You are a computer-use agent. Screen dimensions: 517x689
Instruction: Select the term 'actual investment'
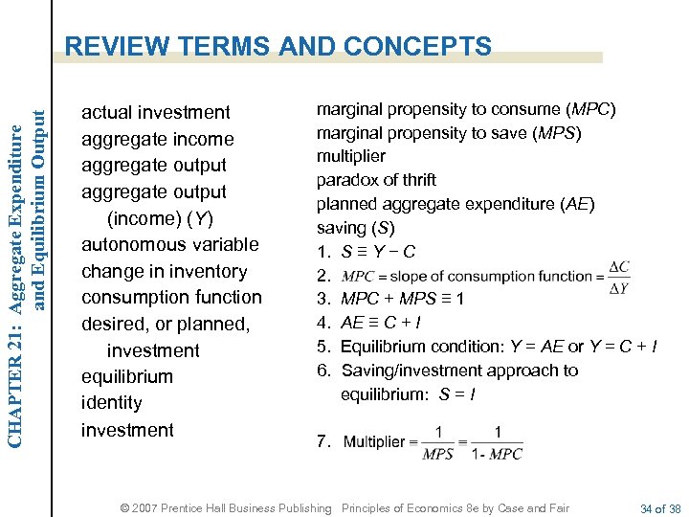[x=156, y=113]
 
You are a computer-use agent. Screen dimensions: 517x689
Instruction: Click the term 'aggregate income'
[x=158, y=140]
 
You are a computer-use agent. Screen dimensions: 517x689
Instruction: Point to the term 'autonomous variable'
[x=170, y=245]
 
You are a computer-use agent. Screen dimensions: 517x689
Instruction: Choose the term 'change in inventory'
[x=165, y=272]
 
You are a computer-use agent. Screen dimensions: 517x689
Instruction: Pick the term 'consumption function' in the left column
[x=171, y=298]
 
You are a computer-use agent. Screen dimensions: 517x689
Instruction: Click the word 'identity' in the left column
[x=112, y=403]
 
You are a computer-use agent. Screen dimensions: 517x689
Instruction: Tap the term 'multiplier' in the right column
[x=351, y=156]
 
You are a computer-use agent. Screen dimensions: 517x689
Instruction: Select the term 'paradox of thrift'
[x=376, y=180]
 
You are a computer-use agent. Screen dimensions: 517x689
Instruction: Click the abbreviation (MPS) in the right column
[x=559, y=133]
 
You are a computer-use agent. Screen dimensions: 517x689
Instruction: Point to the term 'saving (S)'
[x=355, y=228]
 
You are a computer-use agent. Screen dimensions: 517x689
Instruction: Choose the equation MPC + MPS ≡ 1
[x=403, y=299]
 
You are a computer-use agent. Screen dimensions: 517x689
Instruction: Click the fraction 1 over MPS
[x=438, y=442]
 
